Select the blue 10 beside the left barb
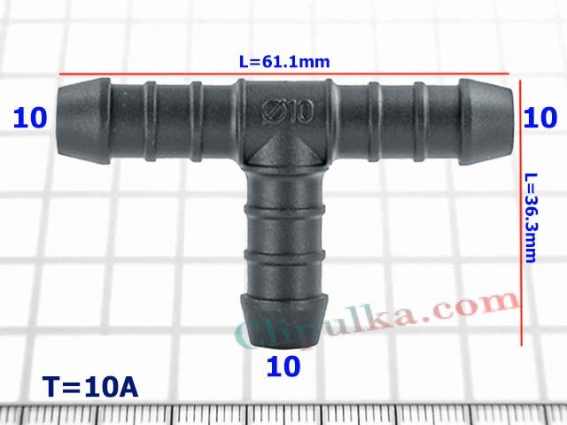(30, 118)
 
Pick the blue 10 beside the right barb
(540, 117)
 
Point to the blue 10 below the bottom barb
(283, 365)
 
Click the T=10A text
(89, 388)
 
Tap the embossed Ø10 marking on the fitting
(286, 112)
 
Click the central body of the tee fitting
(285, 124)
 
